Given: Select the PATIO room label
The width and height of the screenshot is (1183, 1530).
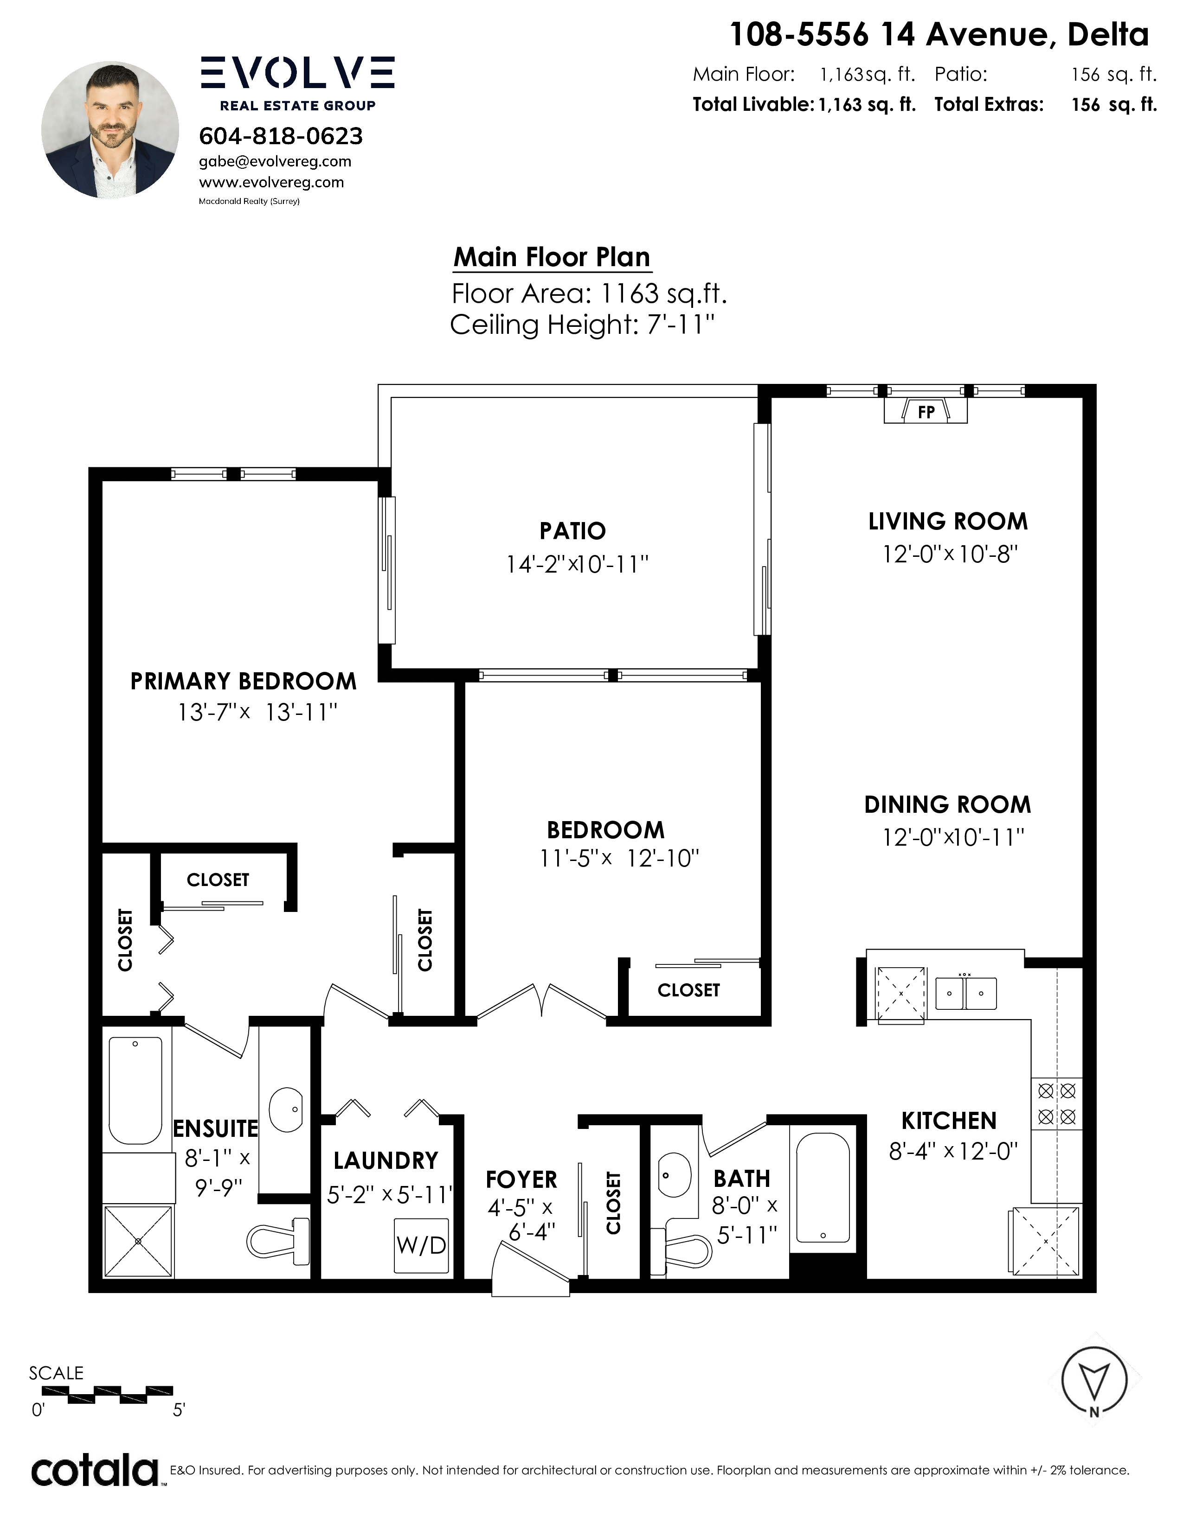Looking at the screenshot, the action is coord(572,531).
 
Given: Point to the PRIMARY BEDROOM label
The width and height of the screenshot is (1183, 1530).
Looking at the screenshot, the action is coord(243,681).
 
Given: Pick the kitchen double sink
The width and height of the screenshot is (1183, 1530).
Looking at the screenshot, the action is coord(966,994).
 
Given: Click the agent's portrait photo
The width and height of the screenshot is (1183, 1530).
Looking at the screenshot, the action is coord(110,130).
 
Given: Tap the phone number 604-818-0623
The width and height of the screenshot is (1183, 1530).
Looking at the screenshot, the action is coord(281,136).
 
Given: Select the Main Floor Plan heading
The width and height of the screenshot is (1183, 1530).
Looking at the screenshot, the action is coord(552,257).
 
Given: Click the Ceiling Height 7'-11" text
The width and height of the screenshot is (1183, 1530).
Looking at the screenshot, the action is coord(582,325).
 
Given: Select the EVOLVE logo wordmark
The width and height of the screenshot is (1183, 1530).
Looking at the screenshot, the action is coord(298,73).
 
